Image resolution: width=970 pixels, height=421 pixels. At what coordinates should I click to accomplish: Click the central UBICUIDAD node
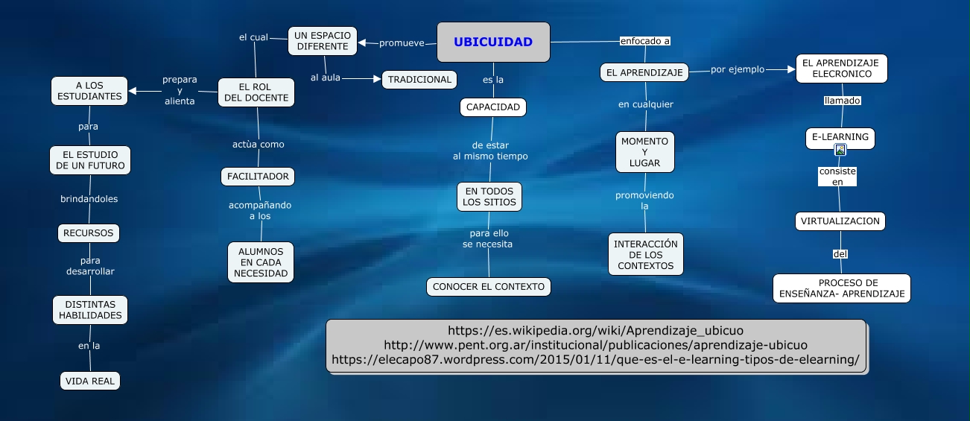click(x=493, y=42)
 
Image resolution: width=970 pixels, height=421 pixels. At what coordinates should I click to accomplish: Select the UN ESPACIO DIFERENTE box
click(x=323, y=41)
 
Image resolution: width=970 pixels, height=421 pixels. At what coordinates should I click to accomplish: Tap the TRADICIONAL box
click(x=419, y=80)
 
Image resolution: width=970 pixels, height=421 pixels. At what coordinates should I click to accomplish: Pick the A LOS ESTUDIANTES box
click(x=89, y=91)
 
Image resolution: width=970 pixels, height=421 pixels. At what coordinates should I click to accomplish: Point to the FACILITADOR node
click(x=258, y=177)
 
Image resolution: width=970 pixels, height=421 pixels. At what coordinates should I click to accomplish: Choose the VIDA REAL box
click(x=89, y=381)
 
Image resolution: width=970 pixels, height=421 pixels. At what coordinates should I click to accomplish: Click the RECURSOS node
click(x=89, y=233)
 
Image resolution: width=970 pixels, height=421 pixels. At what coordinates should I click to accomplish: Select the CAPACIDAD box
click(x=492, y=107)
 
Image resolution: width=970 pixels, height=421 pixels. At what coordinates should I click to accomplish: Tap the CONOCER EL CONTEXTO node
click(x=489, y=286)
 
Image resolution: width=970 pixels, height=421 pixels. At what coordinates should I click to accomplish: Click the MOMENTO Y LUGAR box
click(x=644, y=151)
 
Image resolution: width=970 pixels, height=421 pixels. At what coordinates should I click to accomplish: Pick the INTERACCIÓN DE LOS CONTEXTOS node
click(x=645, y=254)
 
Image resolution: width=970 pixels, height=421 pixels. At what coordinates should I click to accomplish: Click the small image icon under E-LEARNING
click(x=840, y=150)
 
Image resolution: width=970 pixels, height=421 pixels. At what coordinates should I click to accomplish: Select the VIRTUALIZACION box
click(x=840, y=221)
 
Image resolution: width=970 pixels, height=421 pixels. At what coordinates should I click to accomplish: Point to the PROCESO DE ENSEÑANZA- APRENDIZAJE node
click(x=842, y=288)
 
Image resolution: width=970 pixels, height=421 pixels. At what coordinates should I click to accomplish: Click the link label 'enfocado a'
click(x=644, y=41)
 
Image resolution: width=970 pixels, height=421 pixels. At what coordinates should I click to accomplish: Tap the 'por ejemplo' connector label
click(x=738, y=69)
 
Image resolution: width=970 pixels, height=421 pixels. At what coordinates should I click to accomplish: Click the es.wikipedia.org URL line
click(x=595, y=330)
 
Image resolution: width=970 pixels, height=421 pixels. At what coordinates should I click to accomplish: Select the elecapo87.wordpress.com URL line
click(x=595, y=360)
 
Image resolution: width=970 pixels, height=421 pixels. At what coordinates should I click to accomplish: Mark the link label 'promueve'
click(x=402, y=43)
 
